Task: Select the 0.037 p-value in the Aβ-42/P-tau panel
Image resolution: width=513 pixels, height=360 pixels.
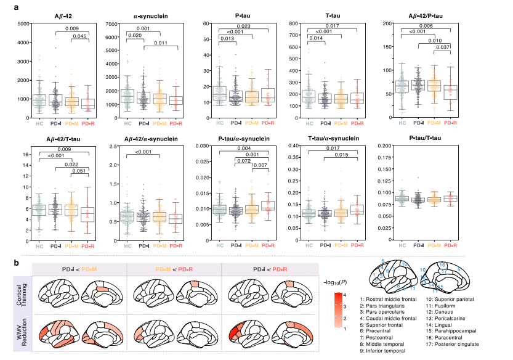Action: pos(438,47)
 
